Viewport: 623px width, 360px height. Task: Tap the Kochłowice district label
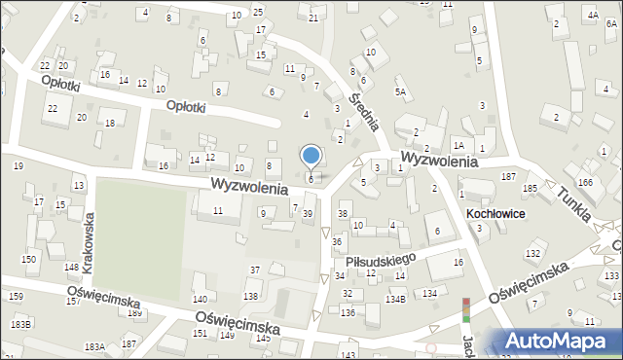coord(496,213)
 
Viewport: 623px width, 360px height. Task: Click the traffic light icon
coord(465,310)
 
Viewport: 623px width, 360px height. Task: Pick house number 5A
coord(399,91)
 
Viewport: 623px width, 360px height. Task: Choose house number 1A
coord(458,145)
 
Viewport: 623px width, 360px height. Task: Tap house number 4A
coord(592,16)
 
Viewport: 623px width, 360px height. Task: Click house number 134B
coord(394,299)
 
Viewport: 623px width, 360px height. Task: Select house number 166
coord(585,182)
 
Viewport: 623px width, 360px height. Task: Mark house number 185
coord(530,188)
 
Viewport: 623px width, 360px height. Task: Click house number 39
coord(308,213)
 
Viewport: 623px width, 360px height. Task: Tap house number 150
coord(29,259)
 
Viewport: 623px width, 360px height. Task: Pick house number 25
coord(257,12)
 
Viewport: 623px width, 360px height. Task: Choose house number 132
coord(532,253)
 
